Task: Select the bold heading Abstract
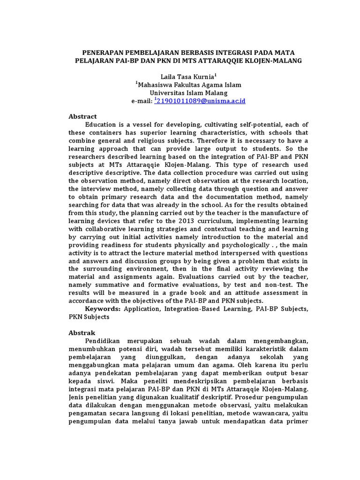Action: click(x=82, y=116)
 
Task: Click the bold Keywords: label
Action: click(x=103, y=309)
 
